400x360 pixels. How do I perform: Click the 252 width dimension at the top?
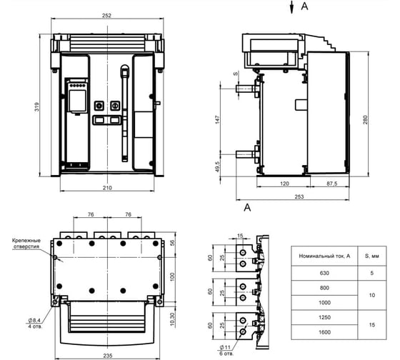point(106,15)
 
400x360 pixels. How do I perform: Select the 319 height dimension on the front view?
point(37,107)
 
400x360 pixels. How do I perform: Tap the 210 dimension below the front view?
point(107,188)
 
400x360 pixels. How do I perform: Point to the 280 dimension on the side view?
point(365,120)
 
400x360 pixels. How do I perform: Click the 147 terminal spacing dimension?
point(217,119)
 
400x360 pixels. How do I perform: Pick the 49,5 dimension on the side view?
point(217,166)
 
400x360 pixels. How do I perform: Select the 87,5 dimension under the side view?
point(332,184)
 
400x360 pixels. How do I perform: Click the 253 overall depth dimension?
point(299,196)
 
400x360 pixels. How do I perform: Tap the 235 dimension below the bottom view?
point(107,356)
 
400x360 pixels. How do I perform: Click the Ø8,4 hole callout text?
point(34,320)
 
